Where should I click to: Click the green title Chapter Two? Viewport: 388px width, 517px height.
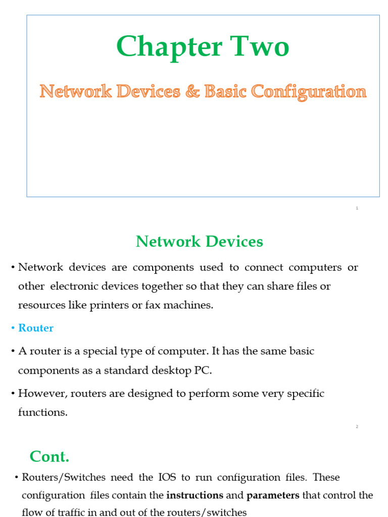pos(203,47)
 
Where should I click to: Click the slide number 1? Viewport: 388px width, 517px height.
pos(357,208)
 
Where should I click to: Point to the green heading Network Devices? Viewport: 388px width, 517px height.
pos(199,242)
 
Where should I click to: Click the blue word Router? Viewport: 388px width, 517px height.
pos(36,328)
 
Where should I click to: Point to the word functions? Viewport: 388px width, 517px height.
pos(42,412)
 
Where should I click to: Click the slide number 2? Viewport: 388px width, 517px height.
pos(357,427)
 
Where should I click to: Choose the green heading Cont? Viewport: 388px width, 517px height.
pos(49,456)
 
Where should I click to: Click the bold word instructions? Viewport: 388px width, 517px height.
pos(195,495)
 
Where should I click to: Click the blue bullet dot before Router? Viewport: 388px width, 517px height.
pos(13,329)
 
